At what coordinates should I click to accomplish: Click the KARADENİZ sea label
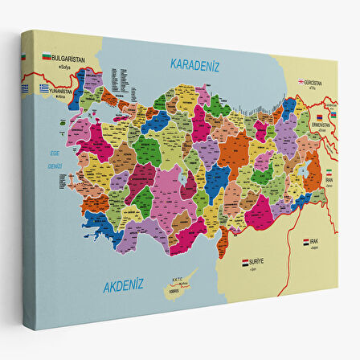(x=194, y=65)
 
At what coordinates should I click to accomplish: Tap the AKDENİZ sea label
(x=123, y=284)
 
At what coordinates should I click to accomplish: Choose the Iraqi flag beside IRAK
(x=306, y=242)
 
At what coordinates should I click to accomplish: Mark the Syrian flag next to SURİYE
(x=244, y=262)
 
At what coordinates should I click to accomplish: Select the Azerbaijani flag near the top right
(x=330, y=102)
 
